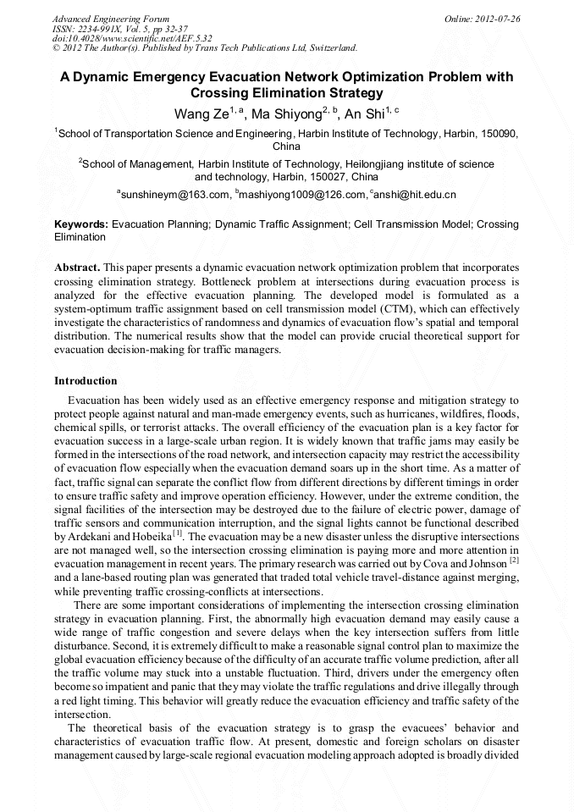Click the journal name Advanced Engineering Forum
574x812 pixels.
point(111,19)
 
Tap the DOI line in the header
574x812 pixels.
point(120,38)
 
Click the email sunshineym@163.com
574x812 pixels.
point(174,195)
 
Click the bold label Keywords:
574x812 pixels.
point(81,224)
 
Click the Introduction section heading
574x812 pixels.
point(86,381)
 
